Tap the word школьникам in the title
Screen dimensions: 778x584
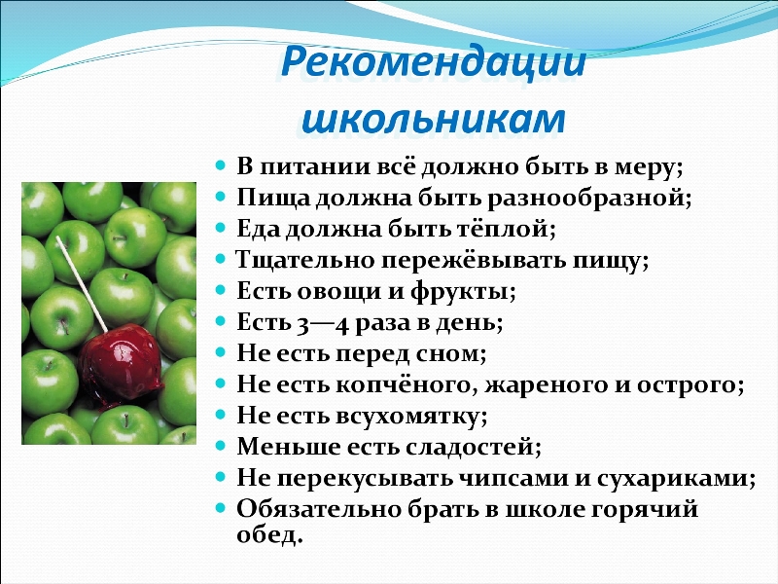click(x=433, y=119)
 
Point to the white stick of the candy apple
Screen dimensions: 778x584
click(x=82, y=284)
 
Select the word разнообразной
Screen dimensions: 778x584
click(x=589, y=199)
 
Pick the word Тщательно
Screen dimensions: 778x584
click(x=304, y=260)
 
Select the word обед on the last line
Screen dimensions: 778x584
click(x=269, y=534)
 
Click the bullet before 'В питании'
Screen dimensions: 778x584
click(x=221, y=164)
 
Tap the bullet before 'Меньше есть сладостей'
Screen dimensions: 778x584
click(x=221, y=446)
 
